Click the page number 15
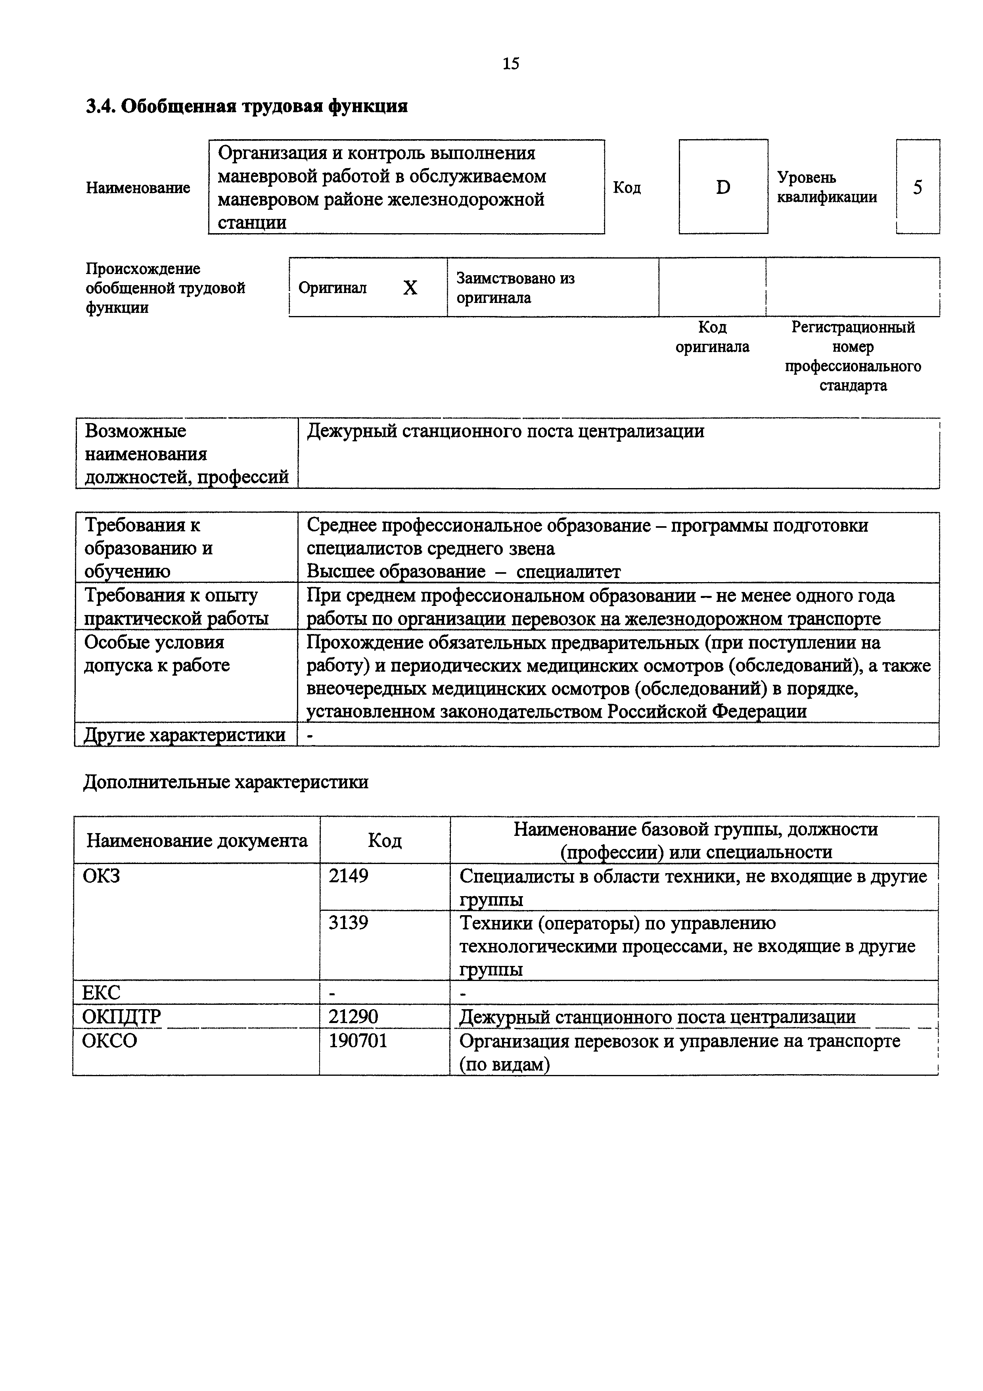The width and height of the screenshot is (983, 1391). [x=511, y=63]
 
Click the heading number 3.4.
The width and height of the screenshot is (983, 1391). [x=101, y=107]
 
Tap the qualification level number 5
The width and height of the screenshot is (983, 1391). [x=917, y=188]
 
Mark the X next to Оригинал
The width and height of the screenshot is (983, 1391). [x=410, y=288]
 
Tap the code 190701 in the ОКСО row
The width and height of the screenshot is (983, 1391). [x=358, y=1041]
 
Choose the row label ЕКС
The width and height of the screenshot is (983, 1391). [x=101, y=994]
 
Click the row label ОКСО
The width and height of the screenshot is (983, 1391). [x=109, y=1041]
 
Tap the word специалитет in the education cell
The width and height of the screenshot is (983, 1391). [x=568, y=572]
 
